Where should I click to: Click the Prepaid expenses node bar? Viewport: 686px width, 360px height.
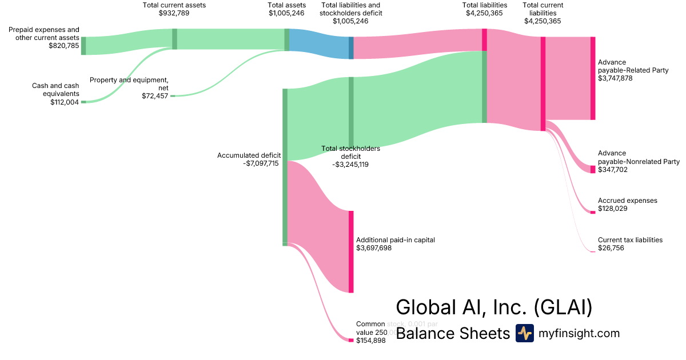point(83,45)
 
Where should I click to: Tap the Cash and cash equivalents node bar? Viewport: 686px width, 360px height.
point(83,102)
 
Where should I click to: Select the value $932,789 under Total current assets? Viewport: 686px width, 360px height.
point(174,13)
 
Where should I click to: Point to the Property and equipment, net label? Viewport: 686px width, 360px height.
point(129,83)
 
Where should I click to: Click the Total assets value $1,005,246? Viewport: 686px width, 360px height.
point(286,13)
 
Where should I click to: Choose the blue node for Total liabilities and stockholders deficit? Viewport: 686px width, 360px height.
point(351,48)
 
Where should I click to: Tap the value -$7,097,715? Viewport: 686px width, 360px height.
point(261,163)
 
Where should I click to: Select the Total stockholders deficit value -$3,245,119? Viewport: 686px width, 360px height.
point(350,164)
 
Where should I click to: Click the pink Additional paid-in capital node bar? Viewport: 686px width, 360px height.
point(351,251)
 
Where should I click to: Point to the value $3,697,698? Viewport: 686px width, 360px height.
point(374,248)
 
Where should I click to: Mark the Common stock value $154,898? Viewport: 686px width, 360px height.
point(370,341)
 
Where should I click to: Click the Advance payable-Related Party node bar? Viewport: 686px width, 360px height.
point(593,78)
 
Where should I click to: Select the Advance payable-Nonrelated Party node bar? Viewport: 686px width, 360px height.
point(593,169)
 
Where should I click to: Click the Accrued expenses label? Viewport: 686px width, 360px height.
point(627,201)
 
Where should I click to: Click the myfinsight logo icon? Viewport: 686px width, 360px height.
point(524,333)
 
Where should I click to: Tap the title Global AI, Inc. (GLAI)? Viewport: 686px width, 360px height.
point(494,307)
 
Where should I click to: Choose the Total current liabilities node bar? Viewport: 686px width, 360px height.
point(543,83)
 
